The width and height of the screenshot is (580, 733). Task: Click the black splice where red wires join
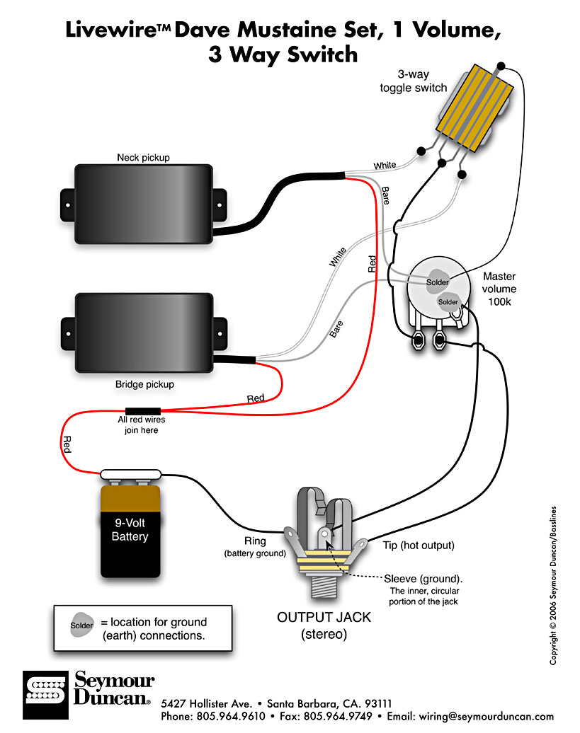point(143,411)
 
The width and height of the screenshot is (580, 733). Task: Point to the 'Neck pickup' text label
point(144,157)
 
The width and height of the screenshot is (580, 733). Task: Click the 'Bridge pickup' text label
point(144,385)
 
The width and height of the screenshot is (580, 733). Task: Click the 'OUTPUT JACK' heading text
point(324,618)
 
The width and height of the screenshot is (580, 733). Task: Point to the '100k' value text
point(499,301)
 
